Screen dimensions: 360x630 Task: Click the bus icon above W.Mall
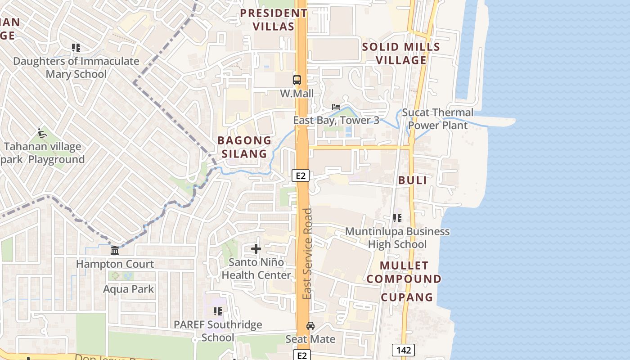point(297,80)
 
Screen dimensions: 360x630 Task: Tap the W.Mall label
point(297,94)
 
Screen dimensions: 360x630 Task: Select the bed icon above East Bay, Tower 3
point(336,107)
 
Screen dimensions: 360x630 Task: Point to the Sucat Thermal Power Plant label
point(438,119)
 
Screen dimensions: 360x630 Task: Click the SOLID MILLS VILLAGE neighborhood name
point(401,54)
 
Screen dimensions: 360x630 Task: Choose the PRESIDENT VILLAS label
point(274,20)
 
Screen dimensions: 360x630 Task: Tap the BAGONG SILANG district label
point(244,147)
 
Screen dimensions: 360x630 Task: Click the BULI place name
point(412,180)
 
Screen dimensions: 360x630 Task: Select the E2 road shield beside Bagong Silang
point(301,175)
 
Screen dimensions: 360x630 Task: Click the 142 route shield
point(403,350)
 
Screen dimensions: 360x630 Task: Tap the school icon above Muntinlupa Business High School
point(397,218)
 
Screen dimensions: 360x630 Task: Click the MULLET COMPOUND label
point(404,272)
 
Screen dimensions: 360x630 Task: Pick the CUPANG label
point(407,297)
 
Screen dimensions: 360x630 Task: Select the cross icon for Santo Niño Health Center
point(256,249)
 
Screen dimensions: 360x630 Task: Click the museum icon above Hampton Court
point(115,250)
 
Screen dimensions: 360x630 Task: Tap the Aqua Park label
point(129,289)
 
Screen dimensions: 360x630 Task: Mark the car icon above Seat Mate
point(310,325)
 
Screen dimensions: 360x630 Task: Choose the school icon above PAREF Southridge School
point(218,311)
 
